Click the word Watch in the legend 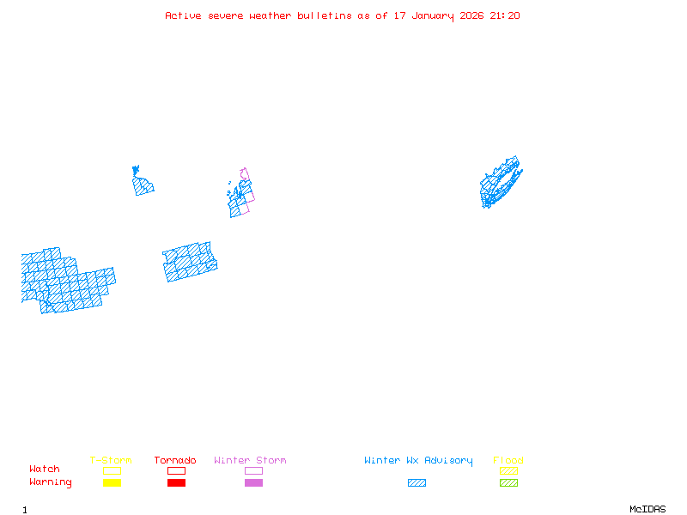45,470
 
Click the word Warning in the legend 51,482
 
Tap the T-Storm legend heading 111,460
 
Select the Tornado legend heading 175,460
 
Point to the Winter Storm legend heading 250,460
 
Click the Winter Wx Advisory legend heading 418,460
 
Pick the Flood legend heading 508,460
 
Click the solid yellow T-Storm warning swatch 112,482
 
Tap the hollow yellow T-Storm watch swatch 112,470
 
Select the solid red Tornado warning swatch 176,482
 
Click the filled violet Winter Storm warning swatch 253,482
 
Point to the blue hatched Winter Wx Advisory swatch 416,482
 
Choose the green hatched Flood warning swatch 508,482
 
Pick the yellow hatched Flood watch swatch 508,470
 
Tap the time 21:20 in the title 505,15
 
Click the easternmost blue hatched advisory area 500,183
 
